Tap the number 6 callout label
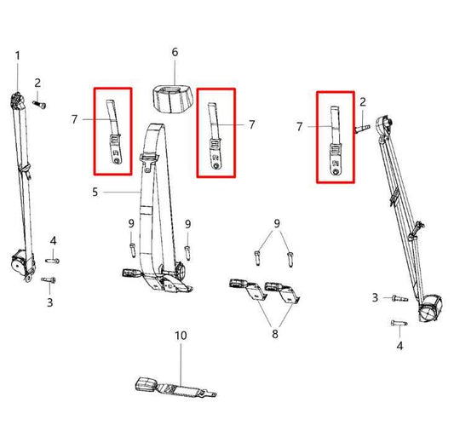pyautogui.click(x=175, y=52)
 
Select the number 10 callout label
pyautogui.click(x=181, y=336)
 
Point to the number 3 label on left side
pyautogui.click(x=50, y=302)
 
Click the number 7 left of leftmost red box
pyautogui.click(x=74, y=120)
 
